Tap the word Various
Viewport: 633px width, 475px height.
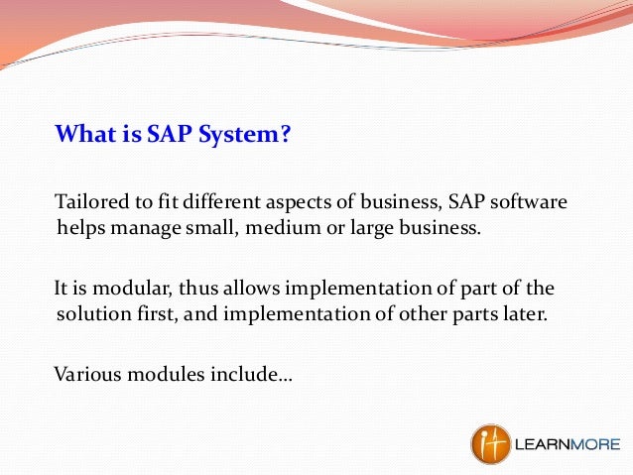pyautogui.click(x=86, y=375)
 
